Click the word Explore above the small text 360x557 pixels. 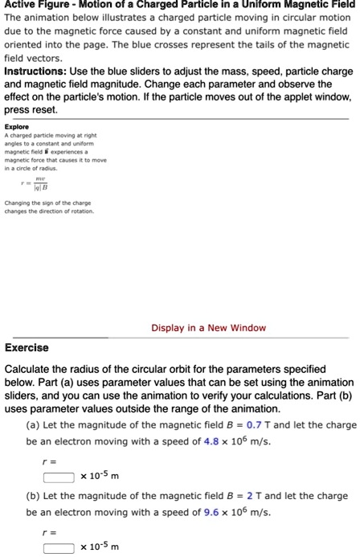pos(16,126)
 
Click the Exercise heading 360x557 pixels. pos(27,348)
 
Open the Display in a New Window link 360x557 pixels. pos(208,328)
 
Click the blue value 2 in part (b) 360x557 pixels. pos(230,496)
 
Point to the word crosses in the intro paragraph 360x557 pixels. pos(203,47)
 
